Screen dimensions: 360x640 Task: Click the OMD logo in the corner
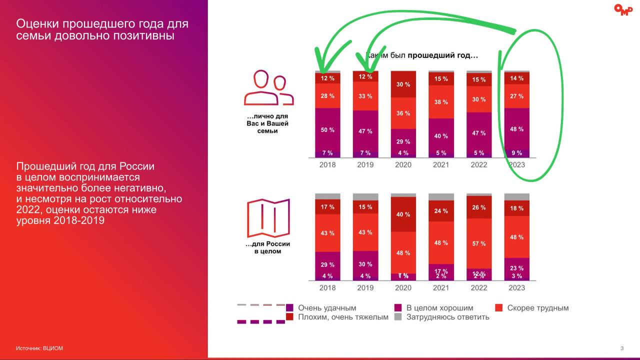coord(623,10)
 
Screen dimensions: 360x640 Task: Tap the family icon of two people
coord(268,88)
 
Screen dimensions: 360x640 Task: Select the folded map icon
coord(268,218)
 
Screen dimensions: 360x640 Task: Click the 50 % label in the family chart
coord(327,130)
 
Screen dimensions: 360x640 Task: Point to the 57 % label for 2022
coord(479,243)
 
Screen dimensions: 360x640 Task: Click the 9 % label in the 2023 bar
coord(516,153)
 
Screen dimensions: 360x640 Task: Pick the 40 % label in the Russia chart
coord(403,214)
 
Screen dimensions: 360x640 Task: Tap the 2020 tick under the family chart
coord(403,165)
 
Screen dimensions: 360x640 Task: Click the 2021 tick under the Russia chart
coord(441,288)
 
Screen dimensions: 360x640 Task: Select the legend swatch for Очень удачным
coord(289,308)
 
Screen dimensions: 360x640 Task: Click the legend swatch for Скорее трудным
coord(498,308)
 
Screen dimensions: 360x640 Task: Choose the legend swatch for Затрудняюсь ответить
coord(398,317)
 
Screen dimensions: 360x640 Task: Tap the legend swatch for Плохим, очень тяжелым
coord(289,317)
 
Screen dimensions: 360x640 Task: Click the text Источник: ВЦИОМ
coord(39,348)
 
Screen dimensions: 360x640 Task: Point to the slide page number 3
coord(621,348)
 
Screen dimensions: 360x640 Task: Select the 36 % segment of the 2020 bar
coord(403,113)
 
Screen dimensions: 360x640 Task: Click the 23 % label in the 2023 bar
coord(516,268)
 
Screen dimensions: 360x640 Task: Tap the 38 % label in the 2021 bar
coord(441,102)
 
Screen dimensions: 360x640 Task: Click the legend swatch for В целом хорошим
coord(398,308)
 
